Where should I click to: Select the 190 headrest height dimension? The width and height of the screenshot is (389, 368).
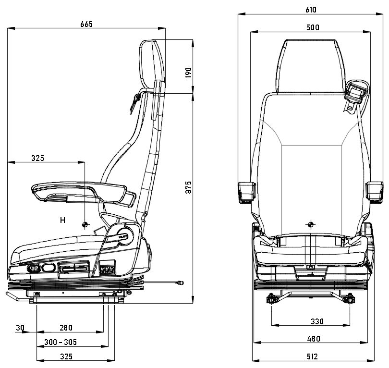pyautogui.click(x=188, y=73)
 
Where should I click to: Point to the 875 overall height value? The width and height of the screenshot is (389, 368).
pyautogui.click(x=188, y=187)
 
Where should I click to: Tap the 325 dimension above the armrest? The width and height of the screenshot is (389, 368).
pyautogui.click(x=37, y=158)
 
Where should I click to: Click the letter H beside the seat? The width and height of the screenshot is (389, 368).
pyautogui.click(x=62, y=221)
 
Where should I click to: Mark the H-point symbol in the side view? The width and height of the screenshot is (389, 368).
pyautogui.click(x=85, y=225)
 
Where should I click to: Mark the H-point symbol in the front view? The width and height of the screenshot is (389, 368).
pyautogui.click(x=311, y=224)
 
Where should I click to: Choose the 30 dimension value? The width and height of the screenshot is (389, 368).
pyautogui.click(x=20, y=328)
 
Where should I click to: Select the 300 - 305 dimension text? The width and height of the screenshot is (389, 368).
pyautogui.click(x=61, y=342)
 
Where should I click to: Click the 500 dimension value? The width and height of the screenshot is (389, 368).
pyautogui.click(x=312, y=27)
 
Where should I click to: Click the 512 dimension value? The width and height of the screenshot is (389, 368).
pyautogui.click(x=313, y=356)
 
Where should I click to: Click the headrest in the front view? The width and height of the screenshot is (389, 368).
pyautogui.click(x=311, y=65)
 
